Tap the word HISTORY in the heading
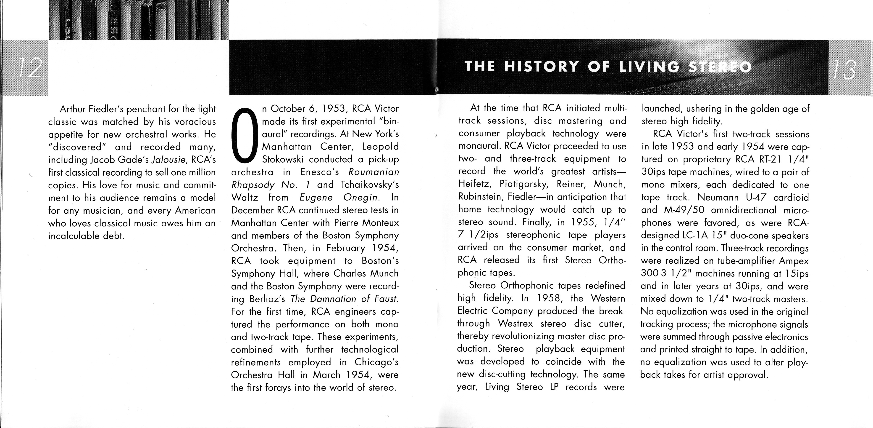541,67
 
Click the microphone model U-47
754,198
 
